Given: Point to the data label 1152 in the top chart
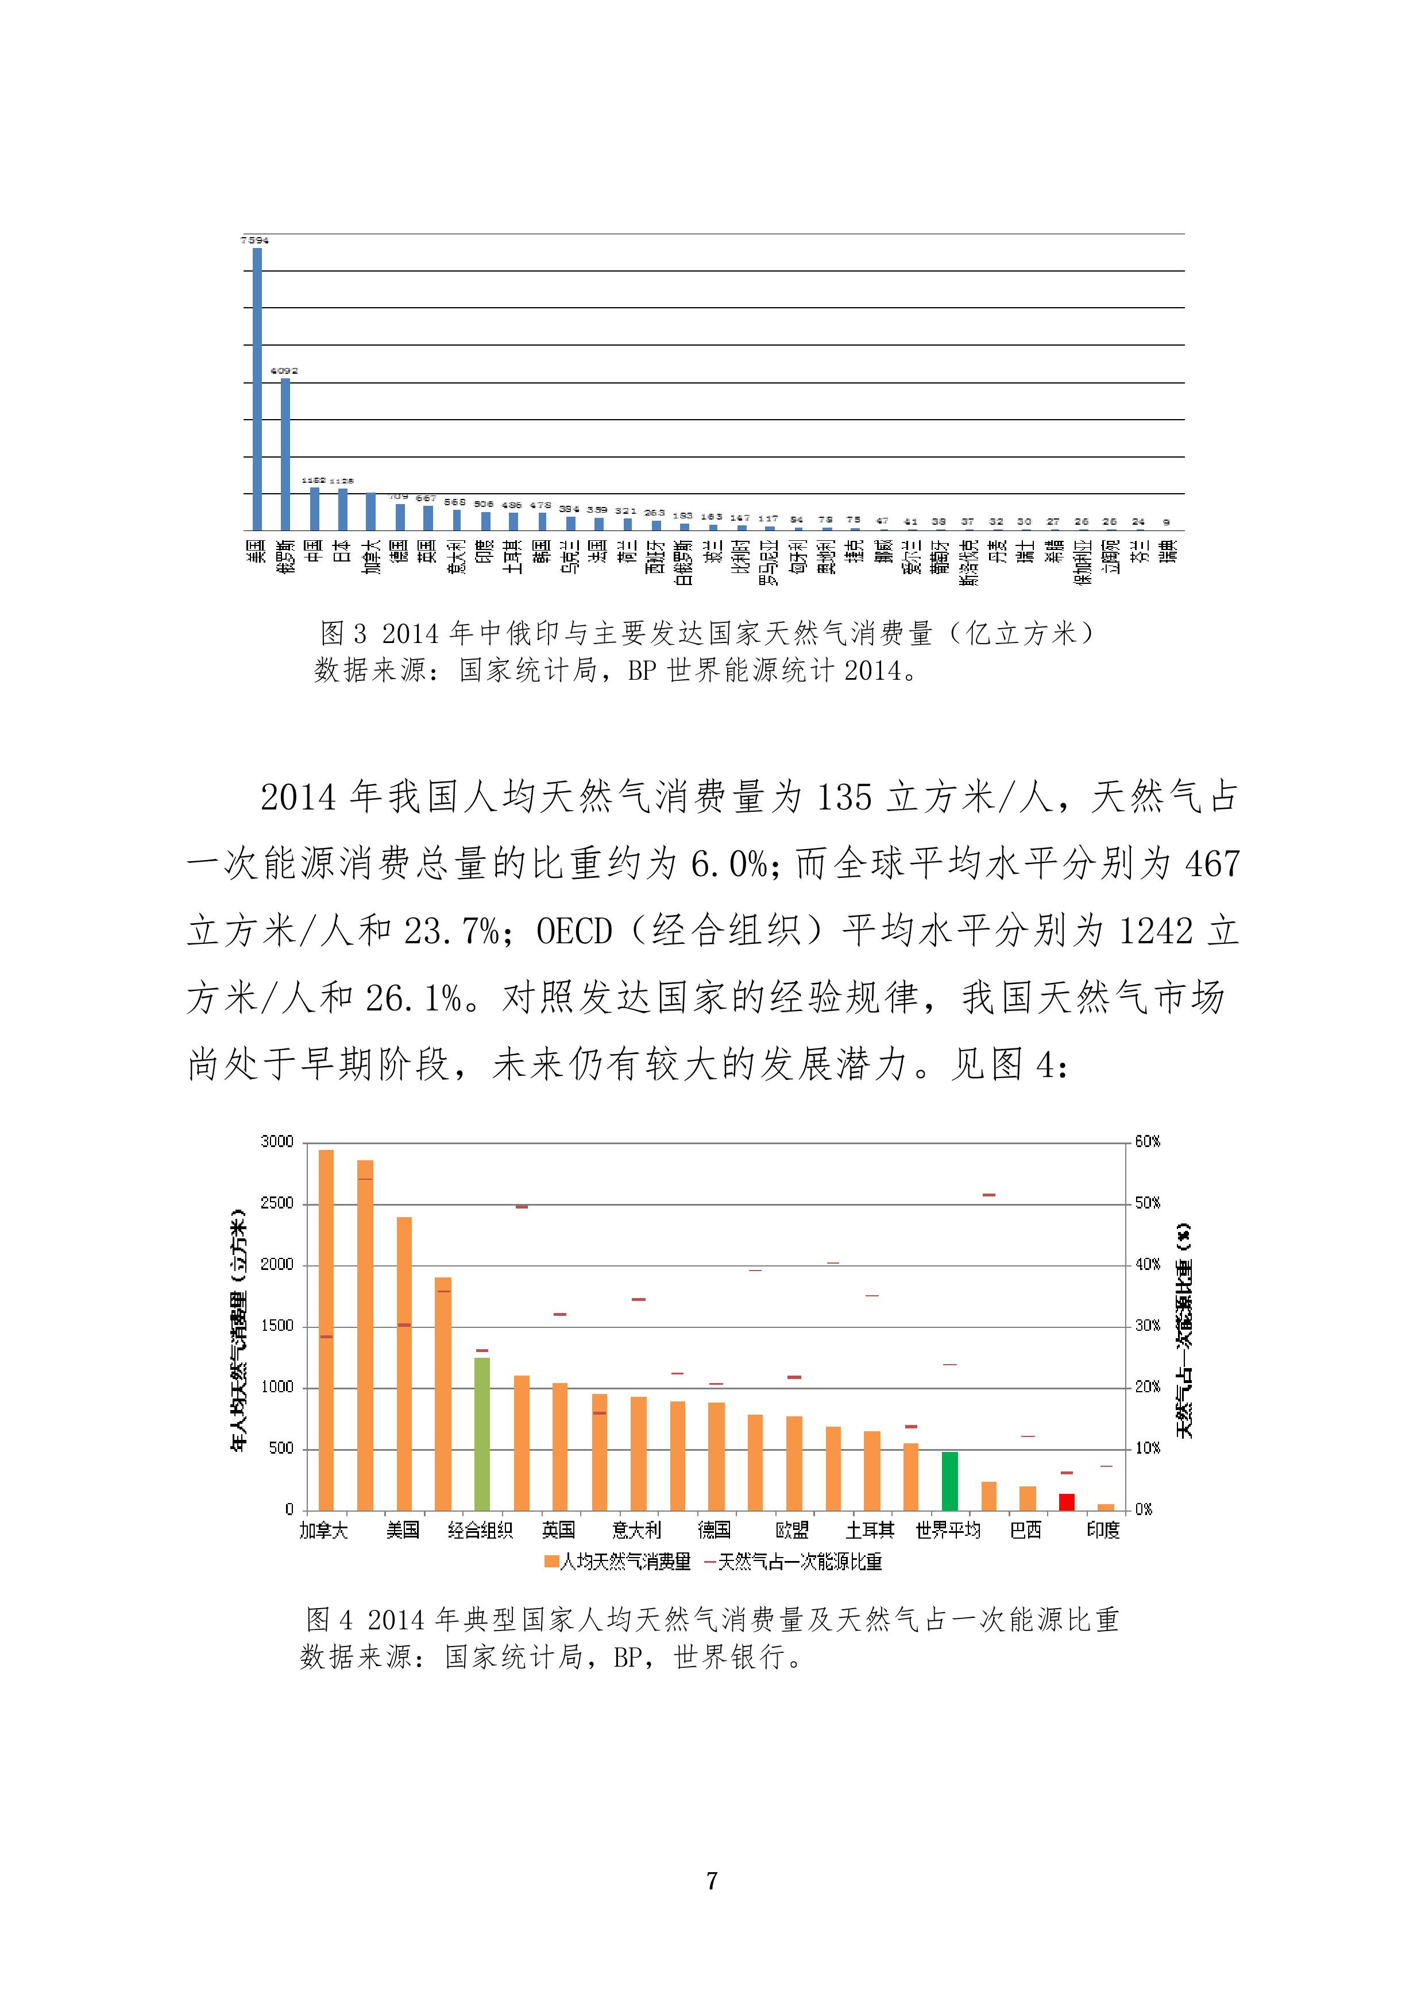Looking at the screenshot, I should [313, 481].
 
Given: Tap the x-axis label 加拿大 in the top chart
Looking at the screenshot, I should [371, 557].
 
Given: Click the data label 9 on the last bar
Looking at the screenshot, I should [1166, 522].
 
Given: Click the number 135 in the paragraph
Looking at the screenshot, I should [844, 797].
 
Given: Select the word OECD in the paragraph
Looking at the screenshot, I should [574, 931].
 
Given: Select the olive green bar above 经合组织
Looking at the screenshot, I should [482, 1434].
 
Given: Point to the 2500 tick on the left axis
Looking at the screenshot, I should [277, 1203].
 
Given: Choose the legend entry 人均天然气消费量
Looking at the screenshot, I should [618, 1562].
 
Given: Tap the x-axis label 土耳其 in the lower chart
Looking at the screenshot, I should [870, 1531].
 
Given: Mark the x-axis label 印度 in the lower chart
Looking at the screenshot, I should [1103, 1531].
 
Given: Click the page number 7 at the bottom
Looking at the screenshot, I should [712, 1881].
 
